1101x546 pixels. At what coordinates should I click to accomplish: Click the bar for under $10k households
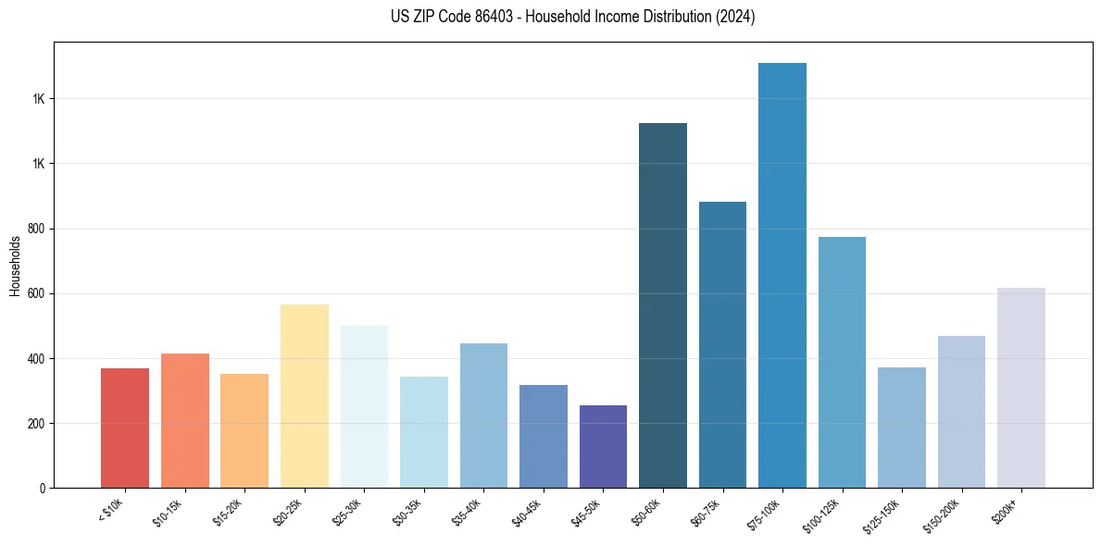(x=125, y=428)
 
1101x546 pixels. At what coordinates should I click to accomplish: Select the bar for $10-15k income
(x=185, y=420)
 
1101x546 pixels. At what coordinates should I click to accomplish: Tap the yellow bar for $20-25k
(x=305, y=395)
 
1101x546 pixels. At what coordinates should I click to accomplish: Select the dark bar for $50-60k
(x=663, y=305)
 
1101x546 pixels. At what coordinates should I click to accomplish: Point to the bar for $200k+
(x=1021, y=388)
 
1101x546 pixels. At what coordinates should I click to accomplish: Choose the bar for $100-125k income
(x=842, y=362)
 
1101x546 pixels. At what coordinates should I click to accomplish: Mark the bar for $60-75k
(x=722, y=344)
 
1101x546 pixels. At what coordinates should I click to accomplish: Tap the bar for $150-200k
(x=961, y=412)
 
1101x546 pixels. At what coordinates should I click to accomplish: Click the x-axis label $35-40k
(x=469, y=512)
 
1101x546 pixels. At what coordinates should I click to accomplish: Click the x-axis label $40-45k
(x=528, y=512)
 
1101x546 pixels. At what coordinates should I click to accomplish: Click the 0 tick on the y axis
(x=44, y=489)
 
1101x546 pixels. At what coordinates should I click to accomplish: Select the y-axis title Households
(x=15, y=266)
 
